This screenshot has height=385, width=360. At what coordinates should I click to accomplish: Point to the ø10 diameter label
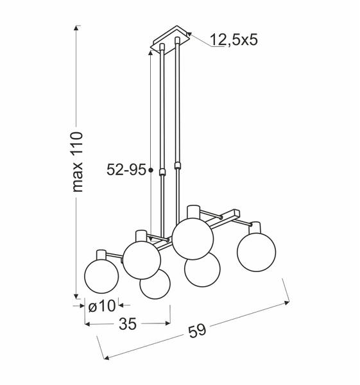click(x=101, y=306)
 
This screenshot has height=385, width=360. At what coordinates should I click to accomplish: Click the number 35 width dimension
click(x=128, y=325)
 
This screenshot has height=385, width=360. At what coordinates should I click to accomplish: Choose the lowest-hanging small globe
click(x=155, y=284)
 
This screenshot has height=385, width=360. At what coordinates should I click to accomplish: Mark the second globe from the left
click(x=142, y=259)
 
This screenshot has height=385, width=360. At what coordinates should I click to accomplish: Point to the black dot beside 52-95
click(x=150, y=170)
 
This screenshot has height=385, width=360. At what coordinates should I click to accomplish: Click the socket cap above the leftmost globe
click(x=101, y=254)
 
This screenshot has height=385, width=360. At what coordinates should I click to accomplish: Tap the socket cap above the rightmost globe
click(x=255, y=228)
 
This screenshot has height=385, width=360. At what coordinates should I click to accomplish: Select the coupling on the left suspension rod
click(x=163, y=172)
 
